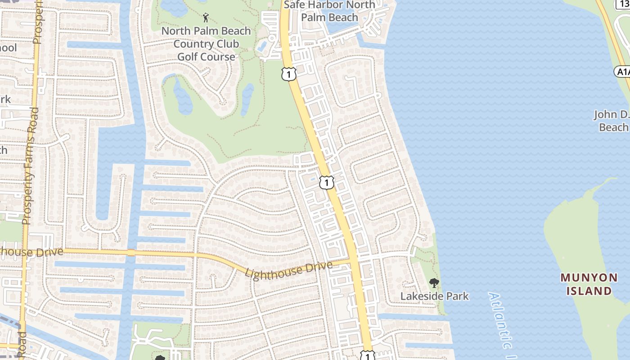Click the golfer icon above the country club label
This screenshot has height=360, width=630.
(x=206, y=18)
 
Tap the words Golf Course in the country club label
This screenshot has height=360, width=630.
(x=206, y=57)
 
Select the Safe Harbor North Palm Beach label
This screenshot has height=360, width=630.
(x=329, y=11)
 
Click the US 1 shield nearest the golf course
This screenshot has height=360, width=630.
(x=288, y=74)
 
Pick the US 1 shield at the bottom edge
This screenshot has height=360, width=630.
(x=368, y=355)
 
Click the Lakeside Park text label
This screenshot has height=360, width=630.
(x=434, y=296)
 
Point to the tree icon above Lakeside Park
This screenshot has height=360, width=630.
(x=434, y=283)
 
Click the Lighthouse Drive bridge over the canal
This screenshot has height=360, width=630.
(x=131, y=253)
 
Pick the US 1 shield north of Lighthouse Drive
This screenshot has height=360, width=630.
(x=327, y=182)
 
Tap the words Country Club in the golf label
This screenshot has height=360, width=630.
(x=206, y=44)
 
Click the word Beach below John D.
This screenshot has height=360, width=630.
(x=613, y=127)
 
